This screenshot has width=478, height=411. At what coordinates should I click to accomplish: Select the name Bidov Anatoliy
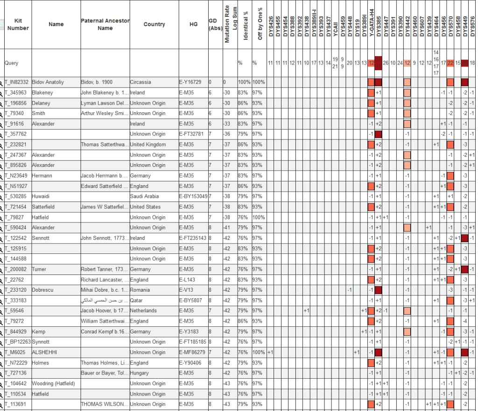48,82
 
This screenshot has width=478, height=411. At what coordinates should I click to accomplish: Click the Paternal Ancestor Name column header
105,24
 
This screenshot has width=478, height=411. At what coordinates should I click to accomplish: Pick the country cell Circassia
141,82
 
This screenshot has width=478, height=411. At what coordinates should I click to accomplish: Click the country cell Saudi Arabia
144,196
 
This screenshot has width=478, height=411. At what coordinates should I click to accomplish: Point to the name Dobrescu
42,290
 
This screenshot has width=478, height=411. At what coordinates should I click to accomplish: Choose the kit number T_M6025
15,352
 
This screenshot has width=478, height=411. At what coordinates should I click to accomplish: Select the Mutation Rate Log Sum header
227,24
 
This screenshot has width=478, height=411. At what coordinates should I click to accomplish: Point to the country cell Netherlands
143,310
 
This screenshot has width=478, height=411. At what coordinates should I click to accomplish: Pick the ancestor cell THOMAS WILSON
104,404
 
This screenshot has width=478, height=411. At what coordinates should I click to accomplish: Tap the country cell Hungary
140,373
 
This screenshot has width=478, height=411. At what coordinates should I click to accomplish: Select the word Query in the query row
12,63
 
